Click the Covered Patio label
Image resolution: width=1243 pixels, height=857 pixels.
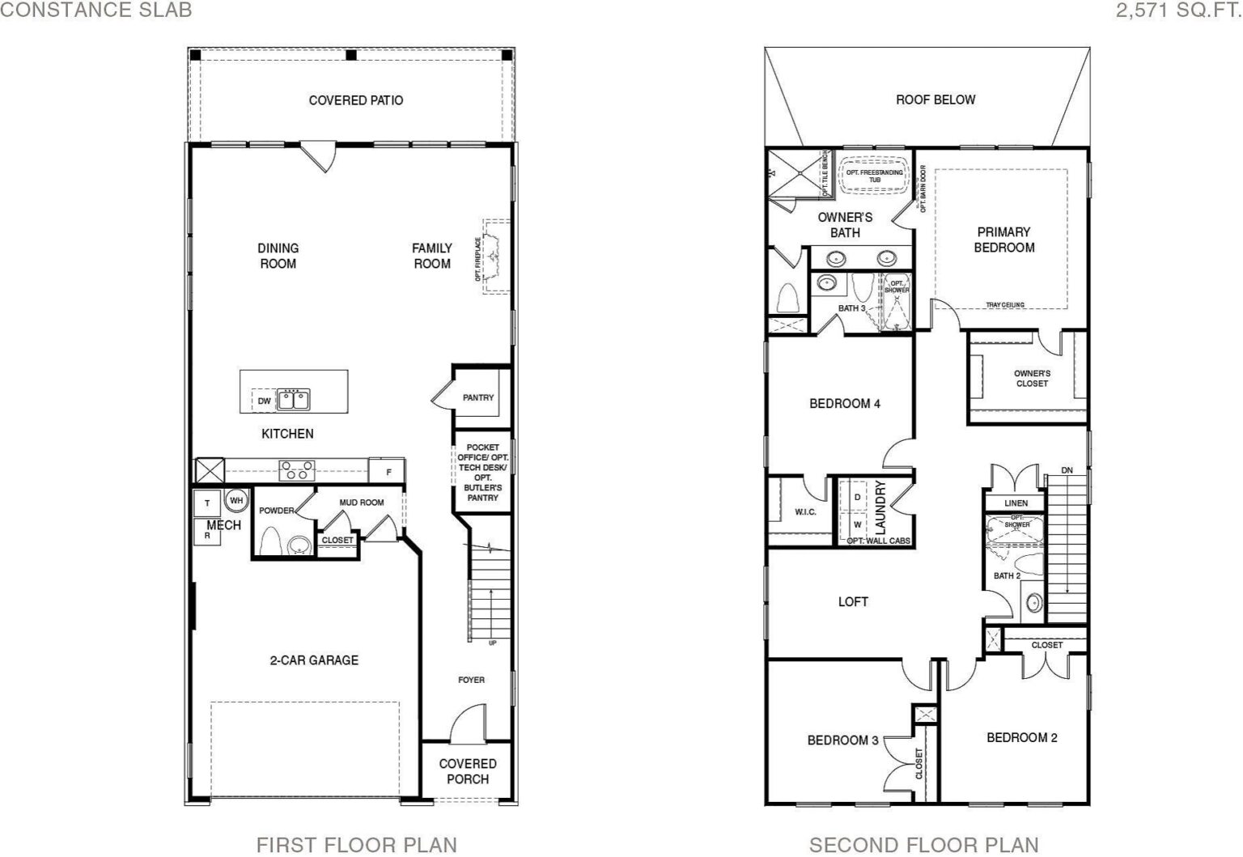pyautogui.click(x=356, y=100)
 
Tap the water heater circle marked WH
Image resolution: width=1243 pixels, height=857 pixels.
pyautogui.click(x=236, y=500)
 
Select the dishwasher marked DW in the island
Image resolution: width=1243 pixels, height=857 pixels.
pyautogui.click(x=264, y=401)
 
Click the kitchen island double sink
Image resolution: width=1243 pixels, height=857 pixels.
pyautogui.click(x=294, y=399)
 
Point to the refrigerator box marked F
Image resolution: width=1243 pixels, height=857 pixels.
pyautogui.click(x=388, y=471)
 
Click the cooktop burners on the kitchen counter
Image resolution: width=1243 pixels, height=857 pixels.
pyautogui.click(x=297, y=471)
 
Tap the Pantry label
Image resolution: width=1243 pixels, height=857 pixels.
pyautogui.click(x=477, y=397)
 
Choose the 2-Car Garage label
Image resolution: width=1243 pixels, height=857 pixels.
pyautogui.click(x=314, y=660)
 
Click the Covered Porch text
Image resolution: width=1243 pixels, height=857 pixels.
pyautogui.click(x=468, y=771)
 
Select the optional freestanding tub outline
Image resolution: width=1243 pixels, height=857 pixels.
pyautogui.click(x=875, y=176)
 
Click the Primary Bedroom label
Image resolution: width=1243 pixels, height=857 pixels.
pyautogui.click(x=1003, y=240)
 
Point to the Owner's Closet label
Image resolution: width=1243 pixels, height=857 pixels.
pyautogui.click(x=1032, y=378)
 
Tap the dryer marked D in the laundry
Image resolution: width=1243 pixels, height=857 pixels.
pyautogui.click(x=857, y=497)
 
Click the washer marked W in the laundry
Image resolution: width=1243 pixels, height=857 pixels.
pyautogui.click(x=857, y=524)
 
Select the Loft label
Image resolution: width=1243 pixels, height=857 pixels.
pyautogui.click(x=853, y=601)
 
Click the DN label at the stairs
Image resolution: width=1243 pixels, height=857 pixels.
pyautogui.click(x=1067, y=470)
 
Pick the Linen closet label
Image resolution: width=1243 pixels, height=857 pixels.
pyautogui.click(x=1016, y=503)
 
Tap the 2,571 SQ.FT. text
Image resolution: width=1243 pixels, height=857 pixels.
pyautogui.click(x=1178, y=10)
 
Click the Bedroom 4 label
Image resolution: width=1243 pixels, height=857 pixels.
pyautogui.click(x=845, y=404)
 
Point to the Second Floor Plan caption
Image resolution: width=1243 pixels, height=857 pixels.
pyautogui.click(x=924, y=845)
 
